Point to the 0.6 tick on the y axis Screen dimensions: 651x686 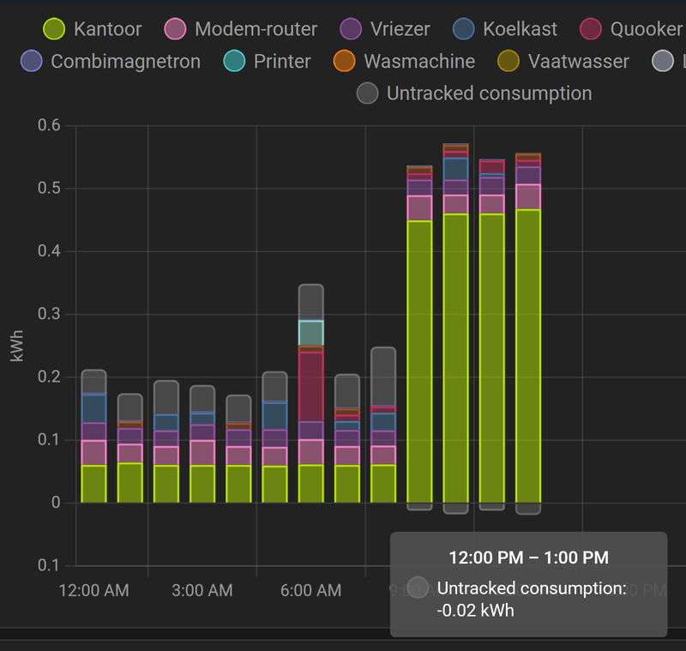pos(49,125)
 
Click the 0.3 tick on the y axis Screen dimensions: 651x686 pos(49,314)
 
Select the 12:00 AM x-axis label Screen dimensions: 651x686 pos(93,590)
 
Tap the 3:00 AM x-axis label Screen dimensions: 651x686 pos(202,590)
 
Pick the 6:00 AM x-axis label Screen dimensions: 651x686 pos(310,590)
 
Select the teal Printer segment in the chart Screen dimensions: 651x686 pos(310,333)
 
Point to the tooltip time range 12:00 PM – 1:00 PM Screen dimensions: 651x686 pos(528,558)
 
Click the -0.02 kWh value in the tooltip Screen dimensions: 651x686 pos(476,611)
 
